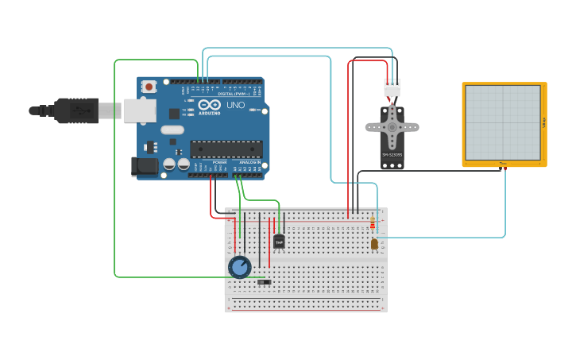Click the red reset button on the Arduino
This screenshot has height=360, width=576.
(149, 86)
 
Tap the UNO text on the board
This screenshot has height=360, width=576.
(236, 105)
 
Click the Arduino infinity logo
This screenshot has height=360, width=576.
(210, 105)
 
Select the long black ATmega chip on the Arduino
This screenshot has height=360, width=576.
(226, 149)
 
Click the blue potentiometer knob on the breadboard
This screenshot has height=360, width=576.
(239, 267)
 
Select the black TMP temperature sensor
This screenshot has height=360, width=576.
(279, 242)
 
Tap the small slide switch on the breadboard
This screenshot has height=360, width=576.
(265, 282)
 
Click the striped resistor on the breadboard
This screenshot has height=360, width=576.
(373, 224)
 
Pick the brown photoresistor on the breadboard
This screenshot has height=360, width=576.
(374, 244)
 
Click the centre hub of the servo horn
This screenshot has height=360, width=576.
(392, 126)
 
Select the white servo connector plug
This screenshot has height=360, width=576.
(392, 87)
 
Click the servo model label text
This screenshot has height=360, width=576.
(392, 155)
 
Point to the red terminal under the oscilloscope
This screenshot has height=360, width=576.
(504, 168)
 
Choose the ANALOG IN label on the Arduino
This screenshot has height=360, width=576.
(249, 162)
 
